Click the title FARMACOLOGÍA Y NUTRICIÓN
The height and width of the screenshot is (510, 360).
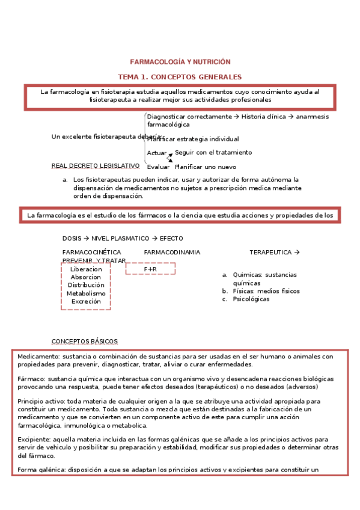click(x=180, y=62)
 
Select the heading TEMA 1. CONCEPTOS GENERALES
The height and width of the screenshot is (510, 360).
click(x=180, y=77)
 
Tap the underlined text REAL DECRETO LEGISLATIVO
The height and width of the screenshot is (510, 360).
click(x=96, y=165)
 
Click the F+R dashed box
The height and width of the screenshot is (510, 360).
click(x=150, y=269)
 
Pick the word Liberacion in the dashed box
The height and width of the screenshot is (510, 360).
click(x=86, y=269)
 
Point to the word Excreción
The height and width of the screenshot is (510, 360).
click(x=86, y=301)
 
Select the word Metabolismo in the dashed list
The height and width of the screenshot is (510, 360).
click(x=86, y=293)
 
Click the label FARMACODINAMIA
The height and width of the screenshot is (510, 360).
click(x=172, y=253)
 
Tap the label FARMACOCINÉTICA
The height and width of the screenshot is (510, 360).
click(x=91, y=253)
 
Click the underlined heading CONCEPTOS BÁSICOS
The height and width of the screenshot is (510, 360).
click(x=85, y=341)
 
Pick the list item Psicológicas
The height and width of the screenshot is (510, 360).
click(x=251, y=299)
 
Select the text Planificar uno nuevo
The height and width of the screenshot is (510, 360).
click(x=205, y=167)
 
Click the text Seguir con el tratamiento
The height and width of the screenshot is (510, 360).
click(x=213, y=153)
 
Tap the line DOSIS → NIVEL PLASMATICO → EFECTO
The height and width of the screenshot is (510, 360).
click(x=123, y=239)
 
